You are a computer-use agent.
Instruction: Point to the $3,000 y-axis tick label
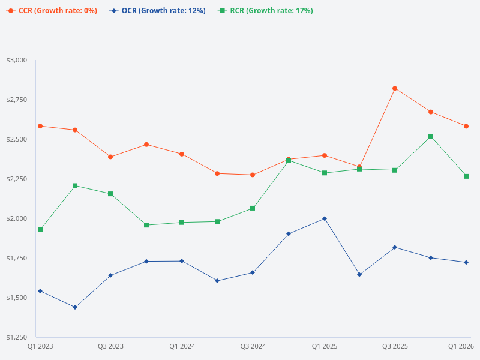(17, 60)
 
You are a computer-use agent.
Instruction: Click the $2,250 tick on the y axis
(17, 179)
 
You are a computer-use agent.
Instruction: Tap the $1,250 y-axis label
(17, 337)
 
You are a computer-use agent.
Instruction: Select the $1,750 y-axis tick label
(17, 258)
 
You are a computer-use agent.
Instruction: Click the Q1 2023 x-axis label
(40, 346)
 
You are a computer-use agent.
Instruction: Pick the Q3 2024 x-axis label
(253, 346)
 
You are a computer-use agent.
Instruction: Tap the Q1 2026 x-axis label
(461, 346)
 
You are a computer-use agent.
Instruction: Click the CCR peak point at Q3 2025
(395, 88)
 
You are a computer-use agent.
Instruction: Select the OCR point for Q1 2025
(325, 218)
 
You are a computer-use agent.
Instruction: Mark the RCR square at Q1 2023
(40, 230)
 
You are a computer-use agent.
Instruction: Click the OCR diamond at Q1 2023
(40, 291)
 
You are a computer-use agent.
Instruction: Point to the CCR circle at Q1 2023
(40, 126)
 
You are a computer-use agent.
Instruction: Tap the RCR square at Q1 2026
(466, 176)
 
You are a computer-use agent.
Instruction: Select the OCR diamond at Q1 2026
(466, 262)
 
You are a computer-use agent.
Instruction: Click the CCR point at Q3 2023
(110, 157)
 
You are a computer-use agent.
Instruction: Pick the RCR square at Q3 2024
(253, 208)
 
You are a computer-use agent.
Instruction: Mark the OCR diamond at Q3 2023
(110, 275)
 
